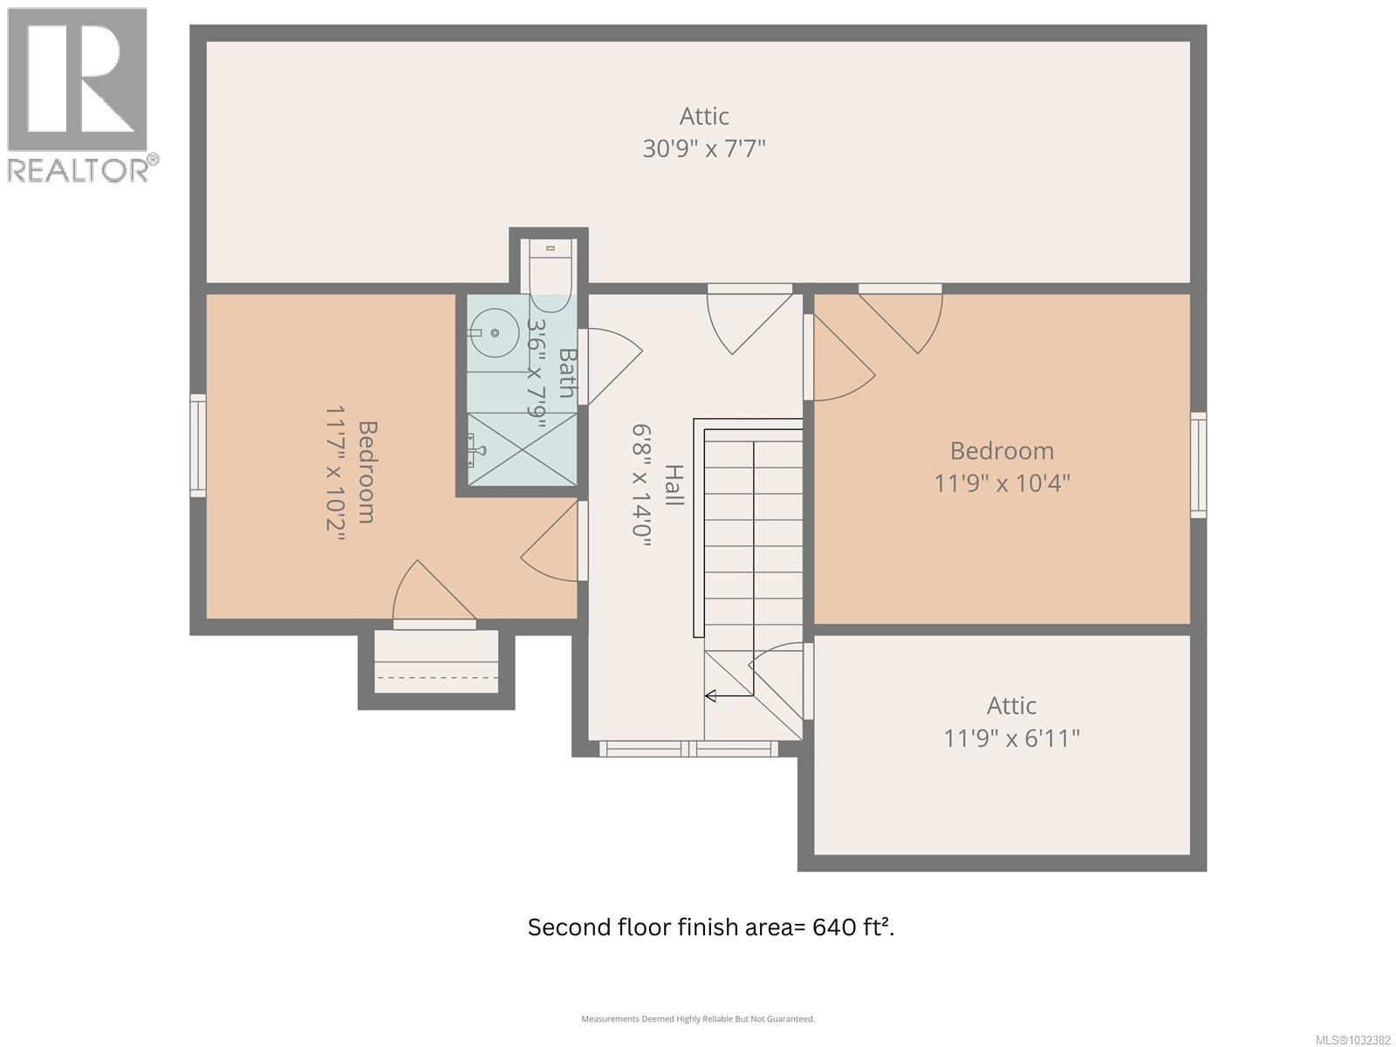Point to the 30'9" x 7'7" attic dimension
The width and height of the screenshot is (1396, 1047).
tap(704, 148)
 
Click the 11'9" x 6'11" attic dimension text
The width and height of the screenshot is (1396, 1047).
tap(1011, 739)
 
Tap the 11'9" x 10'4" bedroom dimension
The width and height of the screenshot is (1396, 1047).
tap(1002, 482)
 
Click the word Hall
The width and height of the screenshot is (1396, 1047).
tap(674, 484)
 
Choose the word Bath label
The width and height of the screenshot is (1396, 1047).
tap(567, 373)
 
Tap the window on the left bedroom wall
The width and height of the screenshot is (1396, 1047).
tap(198, 446)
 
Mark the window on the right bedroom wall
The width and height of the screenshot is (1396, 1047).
tap(1199, 465)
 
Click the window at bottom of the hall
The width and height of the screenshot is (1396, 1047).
tap(688, 749)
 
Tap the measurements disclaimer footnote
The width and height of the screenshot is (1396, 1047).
tap(698, 1018)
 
